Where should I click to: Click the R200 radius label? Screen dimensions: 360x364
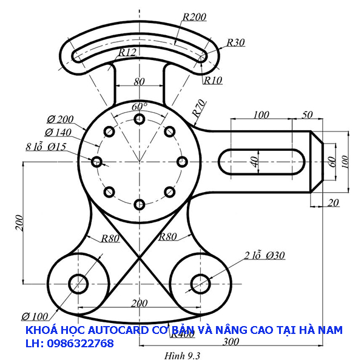tap(194, 17)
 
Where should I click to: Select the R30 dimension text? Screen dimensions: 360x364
tap(235, 42)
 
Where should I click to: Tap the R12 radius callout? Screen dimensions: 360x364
tap(127, 53)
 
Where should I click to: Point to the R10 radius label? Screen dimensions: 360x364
tap(213, 79)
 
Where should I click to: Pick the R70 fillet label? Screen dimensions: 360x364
tap(197, 108)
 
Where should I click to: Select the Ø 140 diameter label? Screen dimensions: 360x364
tap(58, 132)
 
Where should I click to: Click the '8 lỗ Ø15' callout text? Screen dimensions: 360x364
tap(45, 146)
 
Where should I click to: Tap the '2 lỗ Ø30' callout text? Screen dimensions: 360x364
tap(265, 255)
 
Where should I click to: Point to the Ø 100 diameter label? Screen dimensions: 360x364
tap(35, 316)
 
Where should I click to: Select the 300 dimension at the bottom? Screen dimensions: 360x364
tap(230, 342)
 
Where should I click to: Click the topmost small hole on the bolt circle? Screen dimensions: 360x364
tap(140, 119)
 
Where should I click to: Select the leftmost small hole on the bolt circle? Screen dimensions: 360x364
tap(96, 161)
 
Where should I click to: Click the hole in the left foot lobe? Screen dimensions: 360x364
tap(79, 283)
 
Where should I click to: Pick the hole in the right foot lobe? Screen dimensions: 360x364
tap(200, 283)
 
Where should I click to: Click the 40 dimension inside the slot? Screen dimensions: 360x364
tap(255, 161)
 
